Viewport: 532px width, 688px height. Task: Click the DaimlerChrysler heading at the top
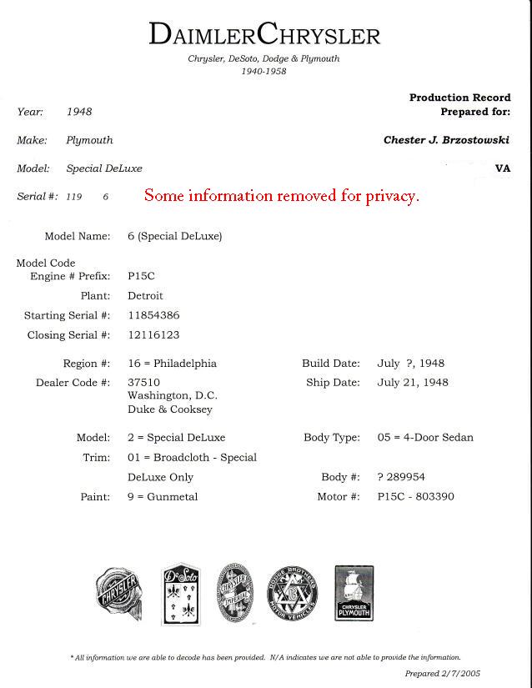tap(264, 34)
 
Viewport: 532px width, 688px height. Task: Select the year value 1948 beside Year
tap(79, 112)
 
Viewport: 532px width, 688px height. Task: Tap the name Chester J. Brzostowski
tap(446, 140)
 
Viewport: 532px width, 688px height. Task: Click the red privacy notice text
tap(281, 196)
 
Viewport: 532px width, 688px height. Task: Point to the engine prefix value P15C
tap(141, 275)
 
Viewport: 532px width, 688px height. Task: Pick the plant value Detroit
tap(145, 295)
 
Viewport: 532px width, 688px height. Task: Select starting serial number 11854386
tap(153, 315)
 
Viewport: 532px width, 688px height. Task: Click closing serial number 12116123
tap(153, 335)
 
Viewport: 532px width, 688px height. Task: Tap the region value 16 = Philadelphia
tap(172, 364)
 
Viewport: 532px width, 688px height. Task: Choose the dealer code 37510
tap(143, 383)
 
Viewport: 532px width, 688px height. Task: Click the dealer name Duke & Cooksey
tap(169, 409)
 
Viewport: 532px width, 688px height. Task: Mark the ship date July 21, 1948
tap(413, 383)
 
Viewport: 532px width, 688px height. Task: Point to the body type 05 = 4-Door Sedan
tap(425, 438)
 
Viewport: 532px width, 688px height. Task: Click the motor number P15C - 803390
tap(416, 497)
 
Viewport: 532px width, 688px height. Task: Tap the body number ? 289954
tap(401, 477)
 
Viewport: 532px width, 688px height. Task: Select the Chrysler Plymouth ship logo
tap(354, 593)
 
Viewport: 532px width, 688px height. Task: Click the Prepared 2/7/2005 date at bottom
tap(443, 674)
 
